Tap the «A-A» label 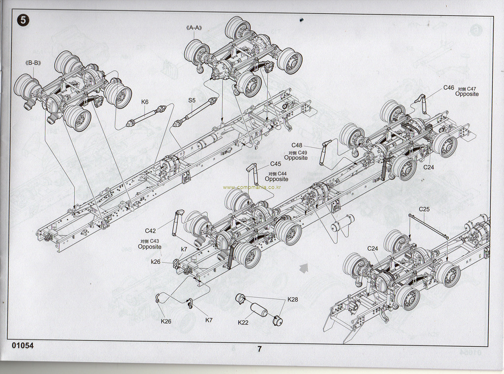tap(195, 28)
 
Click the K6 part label tap(145, 102)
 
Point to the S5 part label tap(192, 100)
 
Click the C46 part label tap(448, 88)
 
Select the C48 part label tap(297, 145)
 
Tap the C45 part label tap(276, 164)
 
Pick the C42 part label tap(151, 230)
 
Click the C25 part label tap(424, 209)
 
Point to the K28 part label tap(293, 299)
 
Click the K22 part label tap(243, 322)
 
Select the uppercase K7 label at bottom tap(209, 320)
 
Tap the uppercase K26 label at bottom tap(166, 321)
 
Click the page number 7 tap(259, 349)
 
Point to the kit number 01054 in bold tap(23, 345)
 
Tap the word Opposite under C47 tap(467, 94)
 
